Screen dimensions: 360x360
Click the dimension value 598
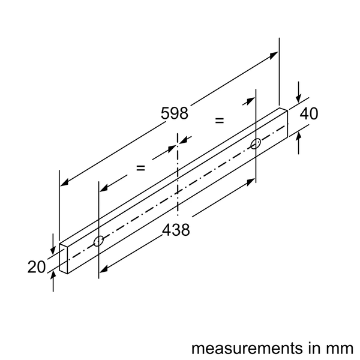[x=175, y=113]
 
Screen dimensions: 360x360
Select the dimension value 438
[x=176, y=229]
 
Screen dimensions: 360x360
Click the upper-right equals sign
[x=220, y=121]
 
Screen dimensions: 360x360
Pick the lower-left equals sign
[x=140, y=168]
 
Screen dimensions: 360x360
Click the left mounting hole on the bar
[x=99, y=242]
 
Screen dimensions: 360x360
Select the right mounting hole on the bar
[x=256, y=143]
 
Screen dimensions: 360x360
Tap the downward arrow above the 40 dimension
[x=299, y=101]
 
